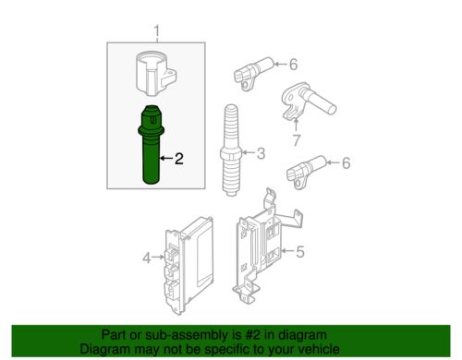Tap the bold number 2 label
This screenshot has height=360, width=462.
(179, 159)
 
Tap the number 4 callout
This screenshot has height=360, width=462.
(147, 258)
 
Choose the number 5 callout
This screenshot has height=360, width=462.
(298, 251)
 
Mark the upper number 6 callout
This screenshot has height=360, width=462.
(293, 65)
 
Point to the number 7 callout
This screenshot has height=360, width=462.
(296, 139)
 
